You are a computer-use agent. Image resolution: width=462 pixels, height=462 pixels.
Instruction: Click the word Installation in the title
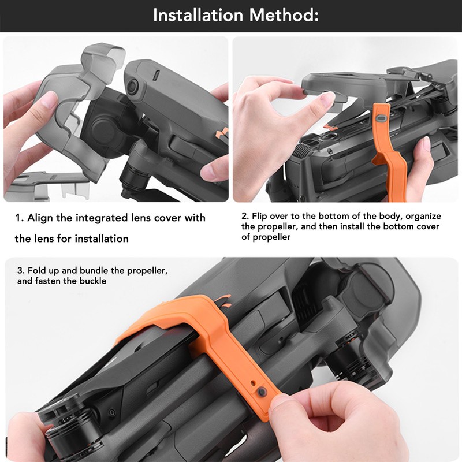pos(198,15)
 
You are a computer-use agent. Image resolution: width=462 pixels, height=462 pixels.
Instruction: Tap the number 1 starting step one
pos(18,218)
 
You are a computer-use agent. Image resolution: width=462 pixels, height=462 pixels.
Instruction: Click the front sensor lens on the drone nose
pos(134,86)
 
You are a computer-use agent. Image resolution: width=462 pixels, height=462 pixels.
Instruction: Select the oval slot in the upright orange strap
pos(382,118)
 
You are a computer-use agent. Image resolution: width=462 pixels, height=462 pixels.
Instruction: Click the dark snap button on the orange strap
pos(262,392)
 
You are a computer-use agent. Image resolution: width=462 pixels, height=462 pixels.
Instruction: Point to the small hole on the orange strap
pos(252,383)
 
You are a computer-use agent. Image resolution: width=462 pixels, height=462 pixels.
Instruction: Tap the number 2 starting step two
pos(245,216)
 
